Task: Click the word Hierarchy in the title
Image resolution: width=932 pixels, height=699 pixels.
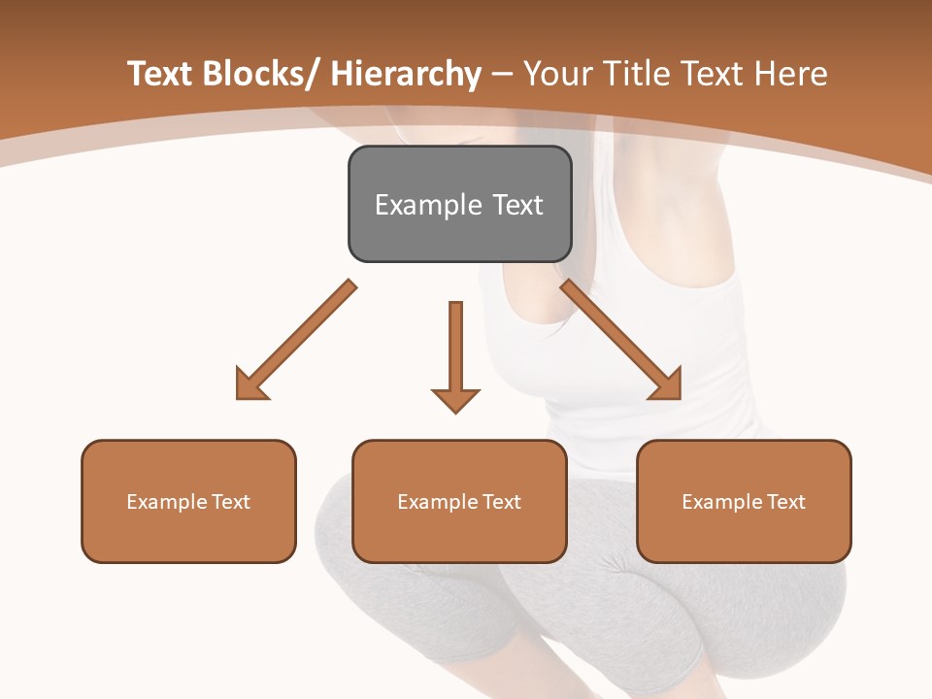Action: pyautogui.click(x=405, y=74)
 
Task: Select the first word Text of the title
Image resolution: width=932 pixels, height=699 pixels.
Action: pyautogui.click(x=161, y=74)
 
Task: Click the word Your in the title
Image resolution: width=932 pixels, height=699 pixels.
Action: pyautogui.click(x=559, y=74)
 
